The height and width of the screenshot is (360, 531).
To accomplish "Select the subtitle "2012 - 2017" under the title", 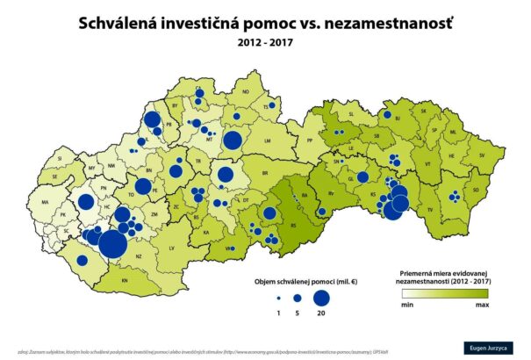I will pyautogui.click(x=264, y=40).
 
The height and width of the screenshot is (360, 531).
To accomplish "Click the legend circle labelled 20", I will pyautogui.click(x=321, y=298).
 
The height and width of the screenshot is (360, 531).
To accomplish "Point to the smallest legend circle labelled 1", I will pyautogui.click(x=278, y=299).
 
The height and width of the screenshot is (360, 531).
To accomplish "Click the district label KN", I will pyautogui.click(x=125, y=280).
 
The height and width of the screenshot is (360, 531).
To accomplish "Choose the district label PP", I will pyautogui.click(x=309, y=140).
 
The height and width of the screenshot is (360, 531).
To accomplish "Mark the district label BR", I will pyautogui.click(x=265, y=174).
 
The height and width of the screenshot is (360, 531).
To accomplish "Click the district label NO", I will pyautogui.click(x=246, y=91).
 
